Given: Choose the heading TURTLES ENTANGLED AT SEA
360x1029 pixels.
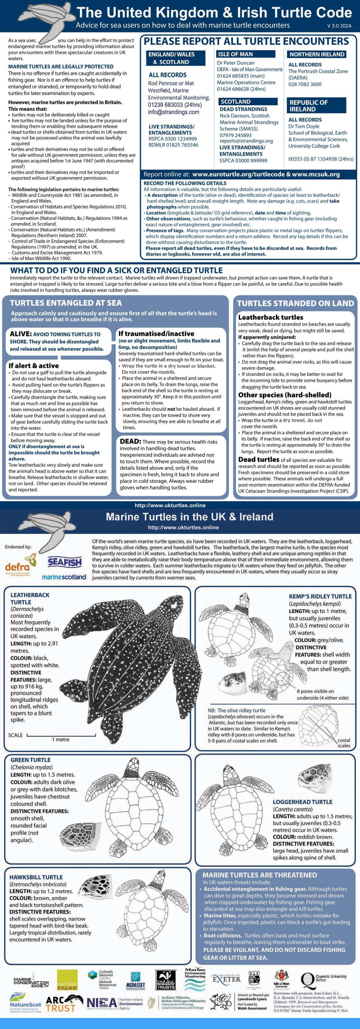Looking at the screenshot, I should [66, 303].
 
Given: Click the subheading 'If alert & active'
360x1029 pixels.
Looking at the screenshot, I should [34, 365].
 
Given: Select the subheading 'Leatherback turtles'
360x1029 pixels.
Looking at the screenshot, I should [270, 317].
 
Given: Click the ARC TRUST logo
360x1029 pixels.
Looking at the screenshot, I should [64, 1003].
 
